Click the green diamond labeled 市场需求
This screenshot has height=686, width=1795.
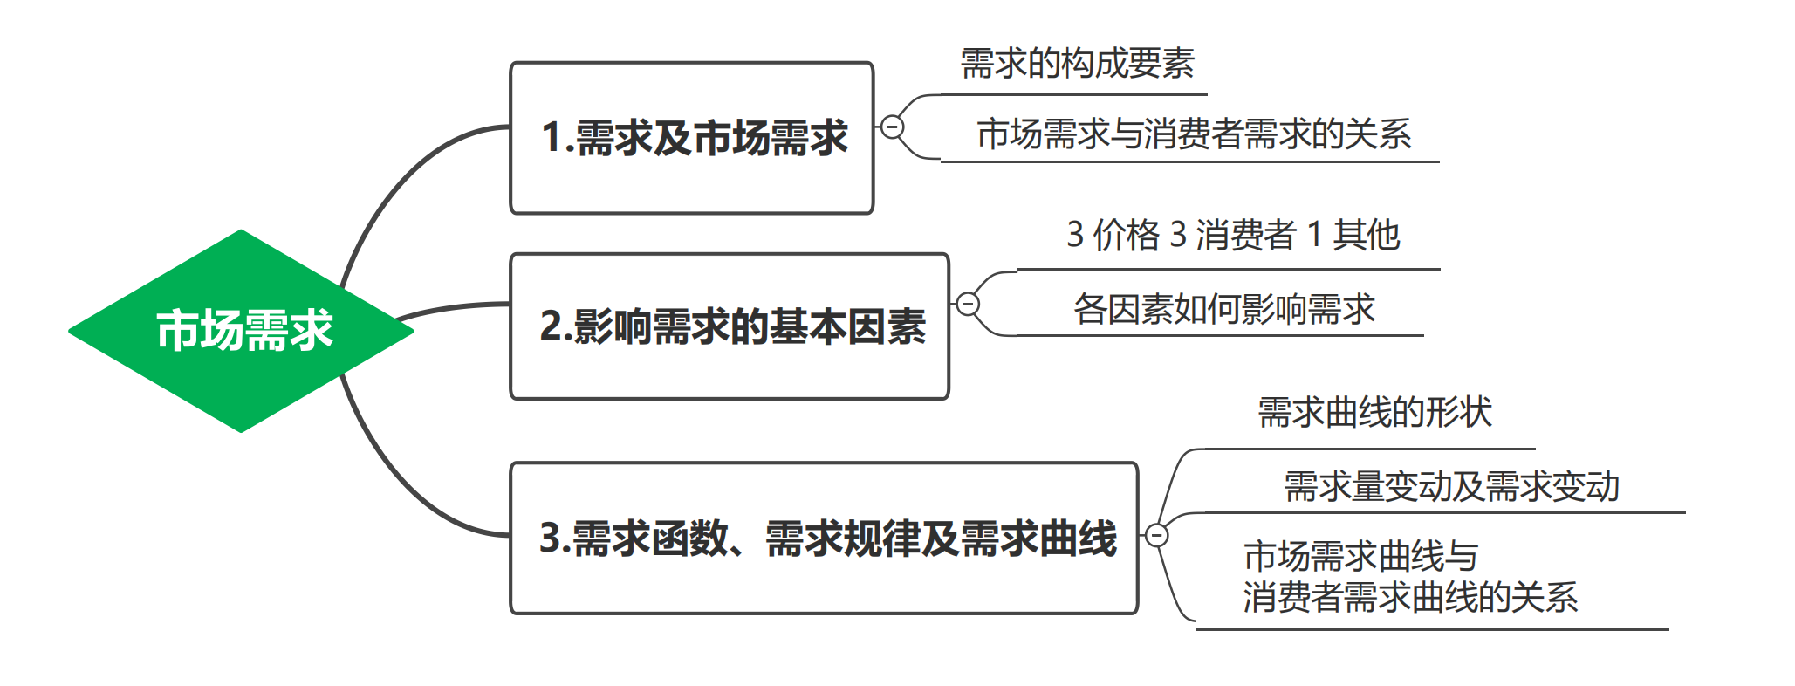[241, 331]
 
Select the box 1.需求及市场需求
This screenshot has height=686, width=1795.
[691, 138]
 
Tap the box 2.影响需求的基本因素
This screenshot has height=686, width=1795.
[730, 326]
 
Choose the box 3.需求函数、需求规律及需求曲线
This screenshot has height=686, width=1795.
[824, 538]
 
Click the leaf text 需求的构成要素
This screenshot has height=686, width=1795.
[1077, 64]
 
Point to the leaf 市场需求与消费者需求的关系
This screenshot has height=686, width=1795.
[1193, 134]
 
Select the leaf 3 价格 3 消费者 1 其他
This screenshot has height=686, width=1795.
[1232, 236]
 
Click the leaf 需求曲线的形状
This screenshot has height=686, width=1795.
[1374, 413]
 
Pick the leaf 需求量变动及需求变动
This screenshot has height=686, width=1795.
[1451, 487]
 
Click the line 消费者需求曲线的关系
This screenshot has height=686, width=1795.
[1410, 598]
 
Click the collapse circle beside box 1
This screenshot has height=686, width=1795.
[892, 127]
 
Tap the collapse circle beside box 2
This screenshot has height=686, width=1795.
[968, 304]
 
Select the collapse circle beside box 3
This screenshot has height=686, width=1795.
[1156, 535]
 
